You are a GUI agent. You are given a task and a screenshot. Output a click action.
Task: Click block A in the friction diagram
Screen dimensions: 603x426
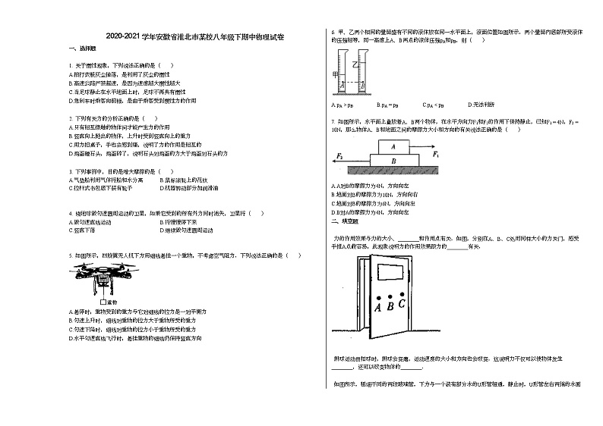(x=393, y=146)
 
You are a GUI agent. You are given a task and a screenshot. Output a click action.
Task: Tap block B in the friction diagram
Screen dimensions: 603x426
(x=393, y=161)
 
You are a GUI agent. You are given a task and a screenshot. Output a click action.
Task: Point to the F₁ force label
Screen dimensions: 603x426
(x=436, y=153)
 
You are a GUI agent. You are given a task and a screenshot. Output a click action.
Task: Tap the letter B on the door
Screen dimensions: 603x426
(x=390, y=307)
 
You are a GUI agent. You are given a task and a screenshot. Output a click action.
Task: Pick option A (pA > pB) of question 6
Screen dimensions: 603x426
(x=342, y=105)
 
